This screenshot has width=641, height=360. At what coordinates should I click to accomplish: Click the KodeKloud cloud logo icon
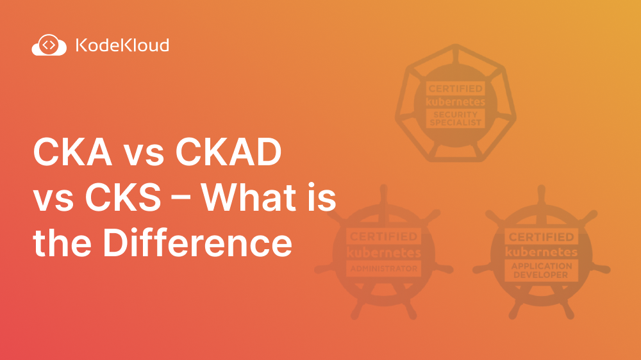[x=49, y=45]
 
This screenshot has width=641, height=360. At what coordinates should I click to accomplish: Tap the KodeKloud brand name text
[x=122, y=45]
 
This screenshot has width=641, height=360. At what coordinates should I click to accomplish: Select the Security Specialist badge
[x=455, y=102]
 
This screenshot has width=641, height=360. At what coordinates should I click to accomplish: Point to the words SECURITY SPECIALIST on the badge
[x=455, y=119]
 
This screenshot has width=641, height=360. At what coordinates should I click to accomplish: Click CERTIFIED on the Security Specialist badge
[x=455, y=88]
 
